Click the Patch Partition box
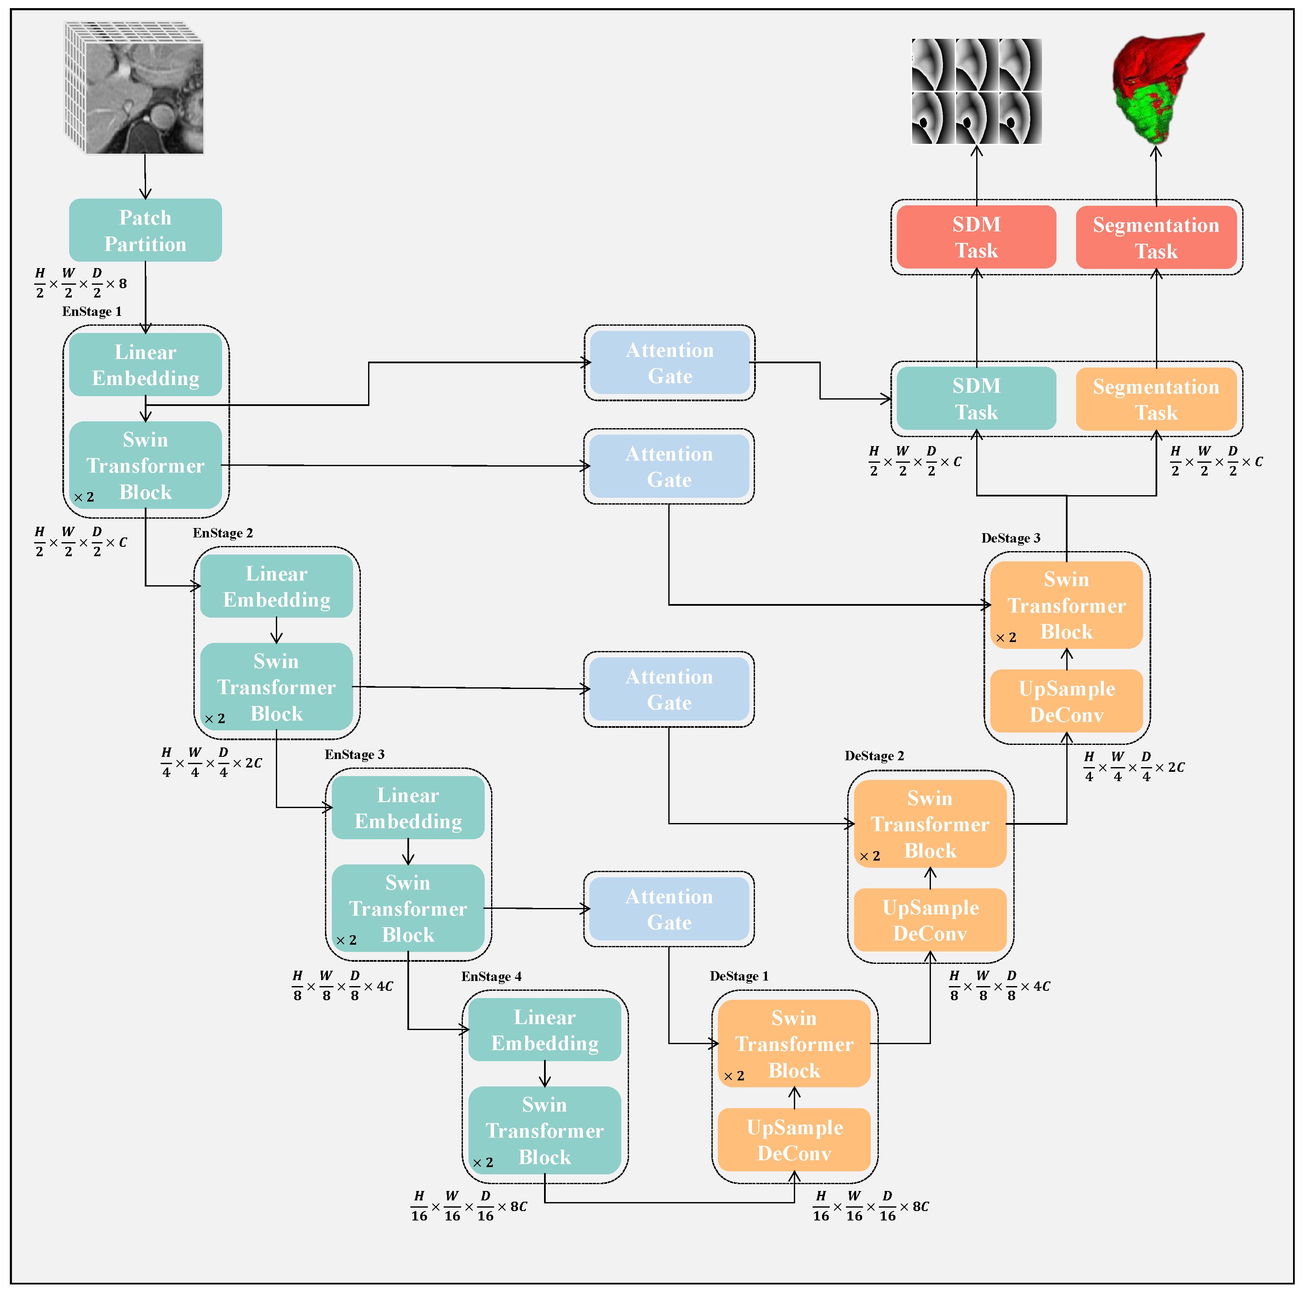[x=145, y=230]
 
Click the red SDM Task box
[x=976, y=237]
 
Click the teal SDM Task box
[x=976, y=398]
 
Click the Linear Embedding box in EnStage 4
[x=544, y=1030]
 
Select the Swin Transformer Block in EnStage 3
[x=408, y=908]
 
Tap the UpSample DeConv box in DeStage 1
[x=794, y=1140]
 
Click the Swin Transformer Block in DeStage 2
[x=930, y=824]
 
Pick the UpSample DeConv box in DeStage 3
[x=1067, y=701]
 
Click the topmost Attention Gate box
[x=670, y=363]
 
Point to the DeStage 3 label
[x=1010, y=538]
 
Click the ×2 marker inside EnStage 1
[x=84, y=497]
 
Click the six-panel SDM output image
[x=976, y=91]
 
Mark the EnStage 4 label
[x=491, y=977]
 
